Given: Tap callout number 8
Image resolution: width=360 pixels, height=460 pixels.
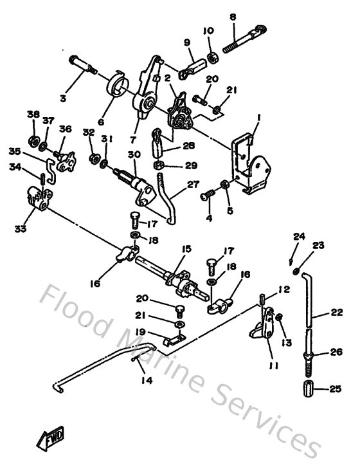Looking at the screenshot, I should pos(233,17).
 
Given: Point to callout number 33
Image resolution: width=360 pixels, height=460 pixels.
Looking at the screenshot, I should pos(21,227).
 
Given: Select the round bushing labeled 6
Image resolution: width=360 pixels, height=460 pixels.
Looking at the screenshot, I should pos(115,86).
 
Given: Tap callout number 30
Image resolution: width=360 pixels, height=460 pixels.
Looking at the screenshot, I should pos(134,154).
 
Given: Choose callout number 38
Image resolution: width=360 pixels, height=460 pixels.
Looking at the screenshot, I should pos(33,114).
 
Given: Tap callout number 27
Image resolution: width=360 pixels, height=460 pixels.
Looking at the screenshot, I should pos(194,184).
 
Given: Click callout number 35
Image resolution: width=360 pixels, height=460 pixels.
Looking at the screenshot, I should pos(14,152).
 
